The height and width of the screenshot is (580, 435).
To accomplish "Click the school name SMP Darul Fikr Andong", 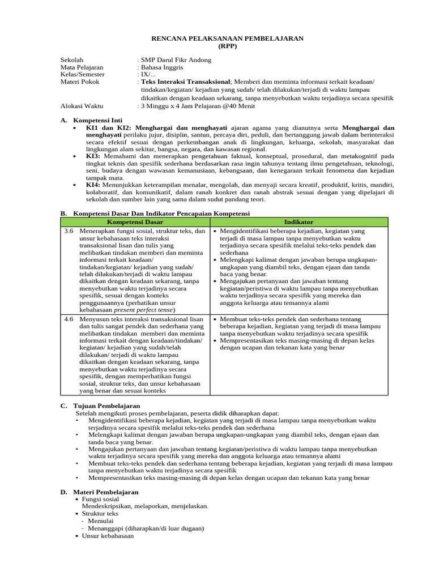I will [176, 59].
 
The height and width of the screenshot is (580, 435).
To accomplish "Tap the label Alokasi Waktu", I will [83, 105].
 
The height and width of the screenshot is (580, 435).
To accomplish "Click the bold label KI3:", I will [93, 156].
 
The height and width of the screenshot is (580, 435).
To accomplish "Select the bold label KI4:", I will [93, 185].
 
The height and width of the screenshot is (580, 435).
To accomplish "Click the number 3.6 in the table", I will [69, 231].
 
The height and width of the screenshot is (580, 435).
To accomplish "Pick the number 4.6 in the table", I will [69, 319].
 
